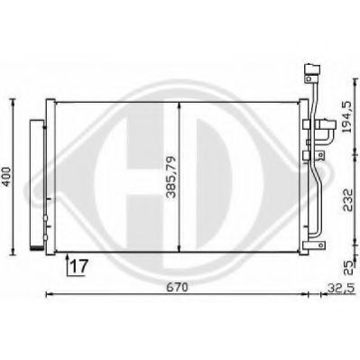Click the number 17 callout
tap(78, 265)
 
